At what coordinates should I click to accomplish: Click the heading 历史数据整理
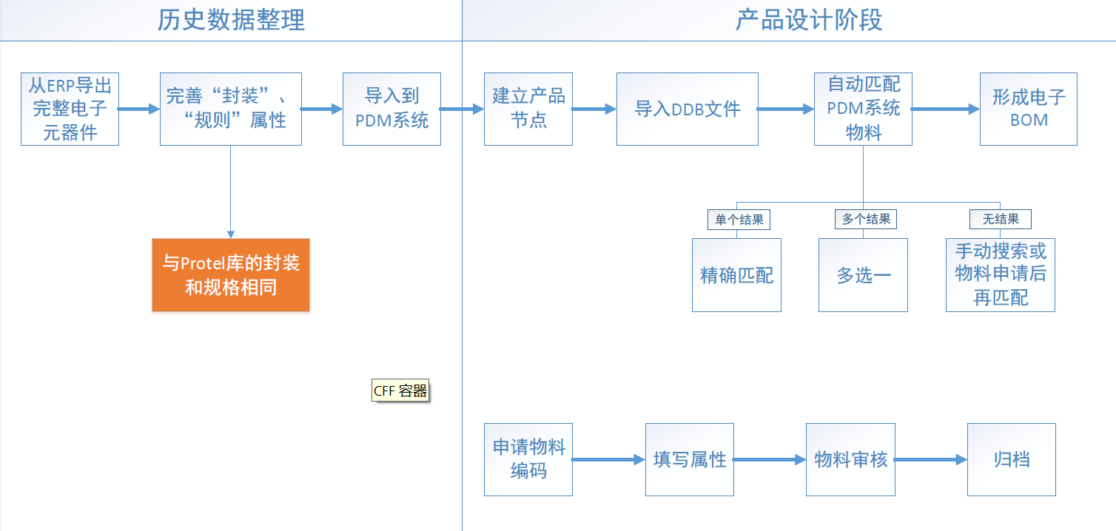(x=231, y=20)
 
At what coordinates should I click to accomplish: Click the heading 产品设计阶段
(x=808, y=20)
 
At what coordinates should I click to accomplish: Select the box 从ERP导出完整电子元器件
(x=70, y=109)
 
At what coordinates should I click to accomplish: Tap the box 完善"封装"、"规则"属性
(x=230, y=109)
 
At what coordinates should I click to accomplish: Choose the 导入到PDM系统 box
(x=391, y=109)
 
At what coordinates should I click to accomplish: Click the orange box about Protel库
(x=230, y=275)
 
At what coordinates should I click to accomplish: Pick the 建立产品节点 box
(x=528, y=109)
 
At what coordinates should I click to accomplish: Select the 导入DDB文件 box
(x=687, y=109)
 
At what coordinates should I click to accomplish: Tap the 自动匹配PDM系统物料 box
(x=863, y=109)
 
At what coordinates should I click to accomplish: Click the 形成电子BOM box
(x=1028, y=109)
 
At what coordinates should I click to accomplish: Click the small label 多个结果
(x=865, y=219)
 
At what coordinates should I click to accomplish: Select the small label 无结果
(x=1001, y=219)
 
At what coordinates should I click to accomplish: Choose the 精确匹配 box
(x=736, y=275)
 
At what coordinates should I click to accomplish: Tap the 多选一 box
(x=863, y=275)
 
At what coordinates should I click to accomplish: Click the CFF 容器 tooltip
(x=400, y=391)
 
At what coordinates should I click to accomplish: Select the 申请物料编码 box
(x=528, y=459)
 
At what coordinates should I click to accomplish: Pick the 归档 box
(x=1011, y=459)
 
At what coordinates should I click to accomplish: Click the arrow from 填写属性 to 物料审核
(x=770, y=459)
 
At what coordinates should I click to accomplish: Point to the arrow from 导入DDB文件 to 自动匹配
(x=786, y=109)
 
